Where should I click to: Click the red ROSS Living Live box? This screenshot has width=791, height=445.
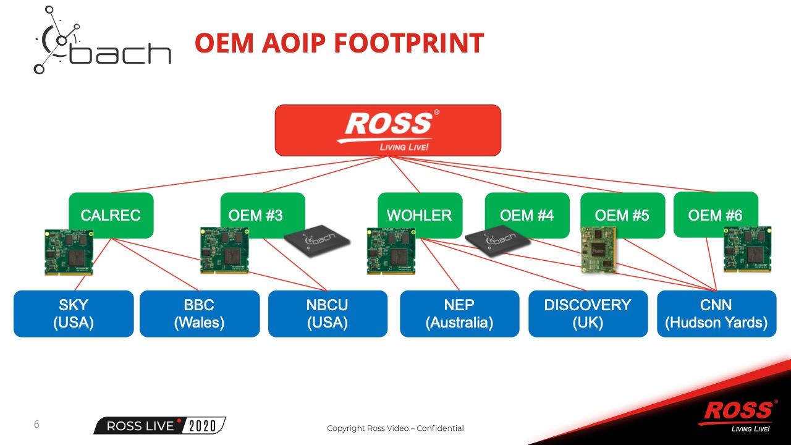(x=387, y=130)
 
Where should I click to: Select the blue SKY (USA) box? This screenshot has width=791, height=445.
(x=74, y=313)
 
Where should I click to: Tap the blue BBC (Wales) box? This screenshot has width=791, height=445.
(x=199, y=313)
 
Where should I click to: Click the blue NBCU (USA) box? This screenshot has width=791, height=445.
(x=328, y=313)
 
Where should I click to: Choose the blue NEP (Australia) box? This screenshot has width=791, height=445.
(x=459, y=313)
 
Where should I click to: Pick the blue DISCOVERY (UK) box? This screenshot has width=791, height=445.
(x=588, y=313)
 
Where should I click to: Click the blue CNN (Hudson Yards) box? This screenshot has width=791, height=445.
(x=716, y=313)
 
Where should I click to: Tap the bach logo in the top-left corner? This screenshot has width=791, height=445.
(x=102, y=41)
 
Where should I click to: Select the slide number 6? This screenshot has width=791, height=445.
(x=36, y=425)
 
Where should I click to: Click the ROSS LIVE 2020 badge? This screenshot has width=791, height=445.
(x=159, y=426)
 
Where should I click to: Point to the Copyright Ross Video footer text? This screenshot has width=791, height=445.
(x=395, y=428)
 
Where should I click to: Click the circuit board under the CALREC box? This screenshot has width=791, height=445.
(x=69, y=252)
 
